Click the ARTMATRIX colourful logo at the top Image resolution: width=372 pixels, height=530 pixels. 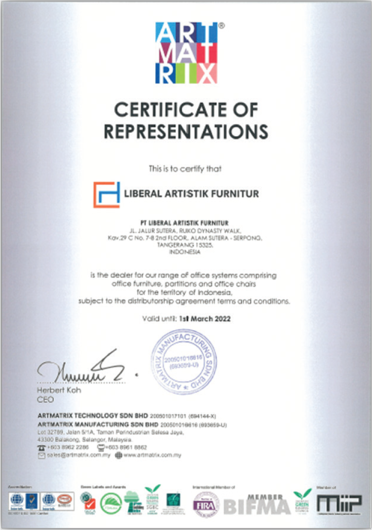point(186,53)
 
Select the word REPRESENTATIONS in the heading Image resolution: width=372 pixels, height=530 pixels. point(186,132)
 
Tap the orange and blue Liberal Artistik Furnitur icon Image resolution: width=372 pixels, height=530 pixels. point(107,194)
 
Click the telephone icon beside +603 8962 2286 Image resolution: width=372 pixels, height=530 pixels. point(42,447)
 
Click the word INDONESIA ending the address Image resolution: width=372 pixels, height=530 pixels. point(185,252)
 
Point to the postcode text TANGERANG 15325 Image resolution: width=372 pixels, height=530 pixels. point(186,245)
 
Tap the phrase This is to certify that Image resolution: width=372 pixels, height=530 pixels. point(186,169)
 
